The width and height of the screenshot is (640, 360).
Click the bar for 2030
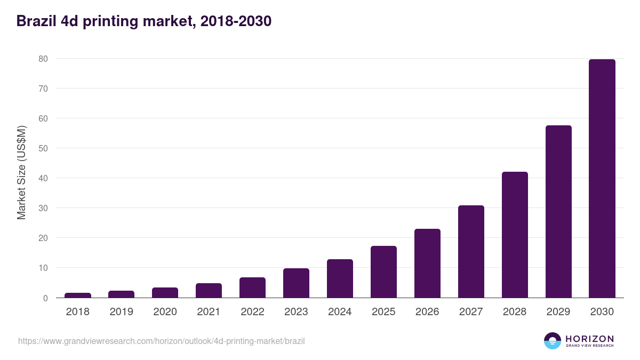coord(602,179)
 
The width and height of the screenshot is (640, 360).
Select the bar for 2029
coord(558,212)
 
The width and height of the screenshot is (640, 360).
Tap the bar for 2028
coord(515,235)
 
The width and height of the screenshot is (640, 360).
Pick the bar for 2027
coord(471,252)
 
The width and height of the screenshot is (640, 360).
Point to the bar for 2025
coord(383,272)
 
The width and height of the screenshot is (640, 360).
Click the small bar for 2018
coord(78,295)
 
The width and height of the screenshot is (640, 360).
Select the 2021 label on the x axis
coord(209,312)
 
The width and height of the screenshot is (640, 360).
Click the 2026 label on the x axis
coord(427,312)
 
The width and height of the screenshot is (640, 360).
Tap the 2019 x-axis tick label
coord(122,312)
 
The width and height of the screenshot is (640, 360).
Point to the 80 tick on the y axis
coord(44,59)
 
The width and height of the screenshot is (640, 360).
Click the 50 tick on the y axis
coord(44,148)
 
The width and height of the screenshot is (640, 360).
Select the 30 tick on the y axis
coord(44,208)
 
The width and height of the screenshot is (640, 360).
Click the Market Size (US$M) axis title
coord(21,173)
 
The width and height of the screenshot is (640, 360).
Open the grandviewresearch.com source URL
coord(161,341)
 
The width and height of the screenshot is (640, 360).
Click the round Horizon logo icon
coord(553,341)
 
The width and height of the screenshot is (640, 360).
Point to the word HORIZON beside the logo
coord(589,339)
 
